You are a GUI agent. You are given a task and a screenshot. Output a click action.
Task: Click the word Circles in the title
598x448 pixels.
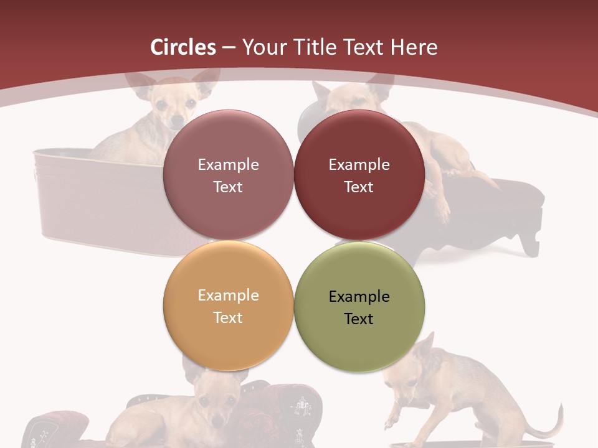click(183, 47)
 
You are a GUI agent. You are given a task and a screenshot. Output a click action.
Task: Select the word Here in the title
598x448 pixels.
click(414, 47)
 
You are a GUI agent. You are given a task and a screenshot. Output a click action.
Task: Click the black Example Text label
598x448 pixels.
click(359, 307)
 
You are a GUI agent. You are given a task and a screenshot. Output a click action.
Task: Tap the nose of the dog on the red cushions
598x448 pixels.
click(217, 422)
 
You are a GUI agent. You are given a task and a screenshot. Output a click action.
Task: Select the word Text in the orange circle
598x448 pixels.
click(228, 317)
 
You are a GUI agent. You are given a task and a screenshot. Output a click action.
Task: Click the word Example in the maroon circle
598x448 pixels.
click(359, 165)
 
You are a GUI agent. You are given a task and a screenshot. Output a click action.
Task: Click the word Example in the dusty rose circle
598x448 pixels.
click(228, 165)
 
